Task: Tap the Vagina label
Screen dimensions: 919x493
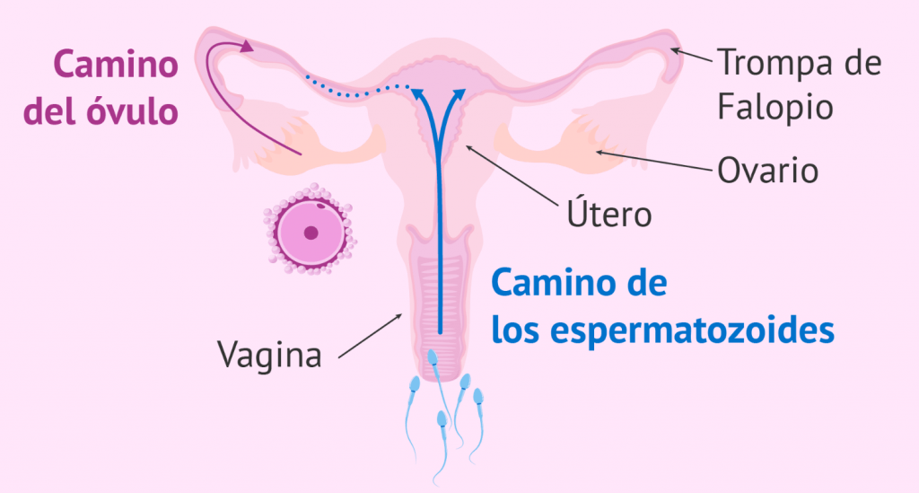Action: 269,355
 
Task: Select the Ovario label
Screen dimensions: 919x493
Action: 767,170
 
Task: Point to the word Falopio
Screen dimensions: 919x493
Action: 775,108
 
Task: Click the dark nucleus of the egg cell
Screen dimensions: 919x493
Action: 311,232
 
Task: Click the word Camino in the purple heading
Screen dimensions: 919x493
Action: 114,66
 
